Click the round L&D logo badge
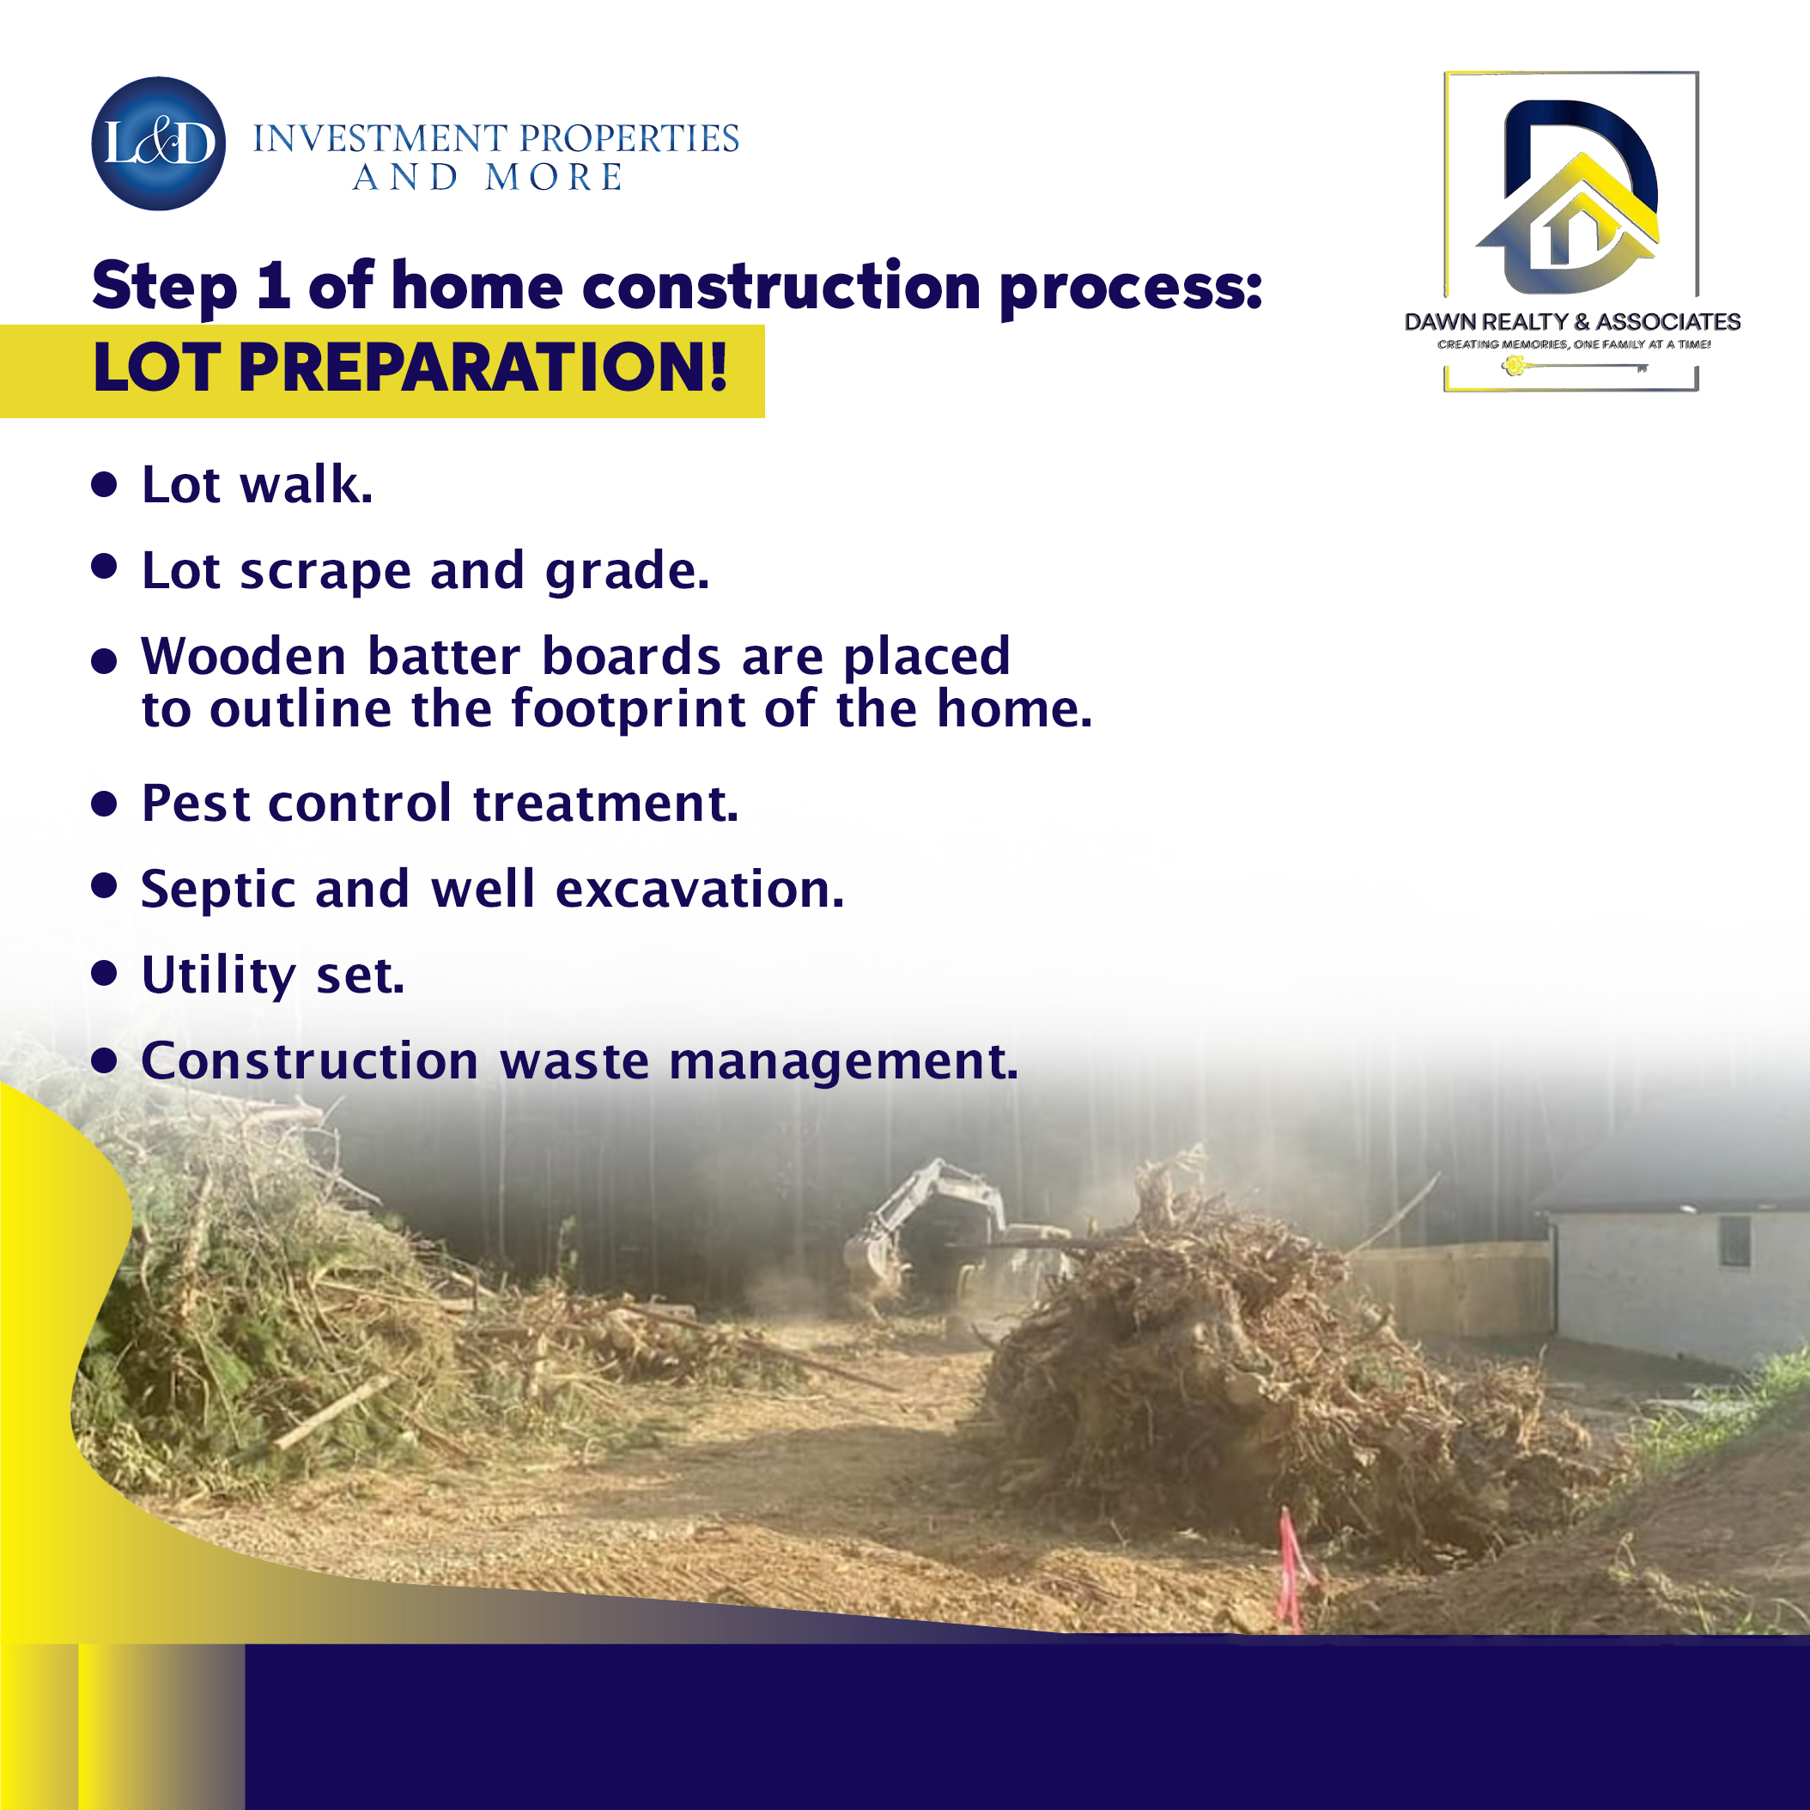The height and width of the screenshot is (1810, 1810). coord(158,143)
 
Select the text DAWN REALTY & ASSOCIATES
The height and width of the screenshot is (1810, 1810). coord(1572,321)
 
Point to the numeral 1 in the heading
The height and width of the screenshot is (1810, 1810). coord(273,285)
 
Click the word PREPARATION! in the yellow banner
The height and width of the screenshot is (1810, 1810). coord(483,367)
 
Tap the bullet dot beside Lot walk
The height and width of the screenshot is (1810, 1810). coord(104,484)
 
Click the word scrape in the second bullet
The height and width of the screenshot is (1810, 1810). coord(325,572)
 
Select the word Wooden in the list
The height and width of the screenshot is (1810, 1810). coord(244,656)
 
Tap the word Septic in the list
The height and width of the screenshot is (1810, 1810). coord(218,890)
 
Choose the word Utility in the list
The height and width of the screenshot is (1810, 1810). coord(218,976)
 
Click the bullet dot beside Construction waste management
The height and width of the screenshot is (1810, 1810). coord(104,1060)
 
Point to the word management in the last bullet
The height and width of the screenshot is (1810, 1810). coord(842,1063)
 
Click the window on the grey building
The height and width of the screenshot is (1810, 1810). coord(1734,1242)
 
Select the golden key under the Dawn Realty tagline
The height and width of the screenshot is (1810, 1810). coord(1574,367)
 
